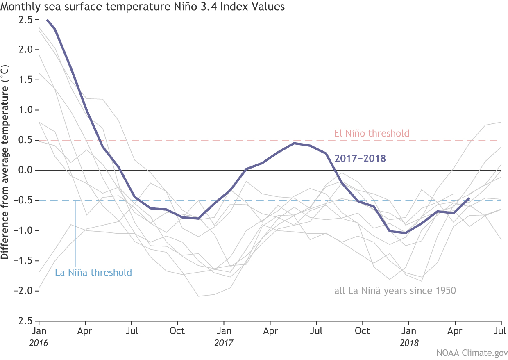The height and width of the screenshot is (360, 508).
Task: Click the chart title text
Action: tap(143, 7)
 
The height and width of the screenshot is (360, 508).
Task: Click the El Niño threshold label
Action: tap(372, 133)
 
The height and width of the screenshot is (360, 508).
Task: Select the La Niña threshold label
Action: tap(93, 273)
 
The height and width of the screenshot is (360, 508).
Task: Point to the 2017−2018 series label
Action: tap(360, 159)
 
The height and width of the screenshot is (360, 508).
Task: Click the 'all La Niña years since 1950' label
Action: tap(395, 291)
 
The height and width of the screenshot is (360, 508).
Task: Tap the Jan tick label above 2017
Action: tap(224, 330)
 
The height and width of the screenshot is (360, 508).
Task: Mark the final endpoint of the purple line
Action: tap(469, 198)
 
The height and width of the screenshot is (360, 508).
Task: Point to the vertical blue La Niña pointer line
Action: tap(75, 234)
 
